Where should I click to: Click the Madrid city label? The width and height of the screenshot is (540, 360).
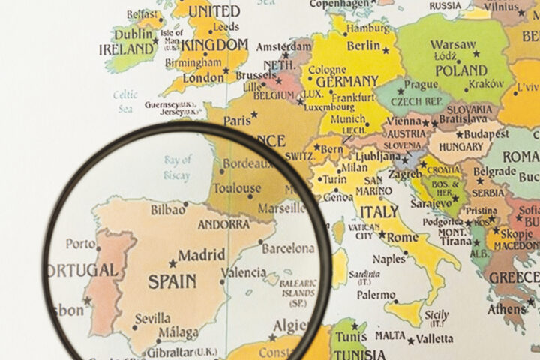(x=201, y=255)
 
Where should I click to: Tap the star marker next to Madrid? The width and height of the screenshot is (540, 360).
(x=173, y=263)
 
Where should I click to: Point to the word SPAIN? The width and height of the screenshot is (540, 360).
(x=172, y=282)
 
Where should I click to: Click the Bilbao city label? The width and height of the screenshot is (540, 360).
(x=169, y=210)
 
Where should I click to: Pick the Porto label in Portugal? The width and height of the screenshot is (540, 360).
(x=81, y=244)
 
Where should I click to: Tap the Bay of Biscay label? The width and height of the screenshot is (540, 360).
(x=178, y=167)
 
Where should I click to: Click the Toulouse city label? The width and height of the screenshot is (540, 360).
(x=238, y=189)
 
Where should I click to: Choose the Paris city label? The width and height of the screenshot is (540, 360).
(x=237, y=120)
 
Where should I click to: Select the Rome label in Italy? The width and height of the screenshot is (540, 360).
(x=403, y=237)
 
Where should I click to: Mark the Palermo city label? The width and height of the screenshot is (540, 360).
(x=375, y=295)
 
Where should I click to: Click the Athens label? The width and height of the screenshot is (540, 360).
(x=507, y=309)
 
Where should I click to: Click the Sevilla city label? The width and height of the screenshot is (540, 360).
(x=152, y=318)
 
